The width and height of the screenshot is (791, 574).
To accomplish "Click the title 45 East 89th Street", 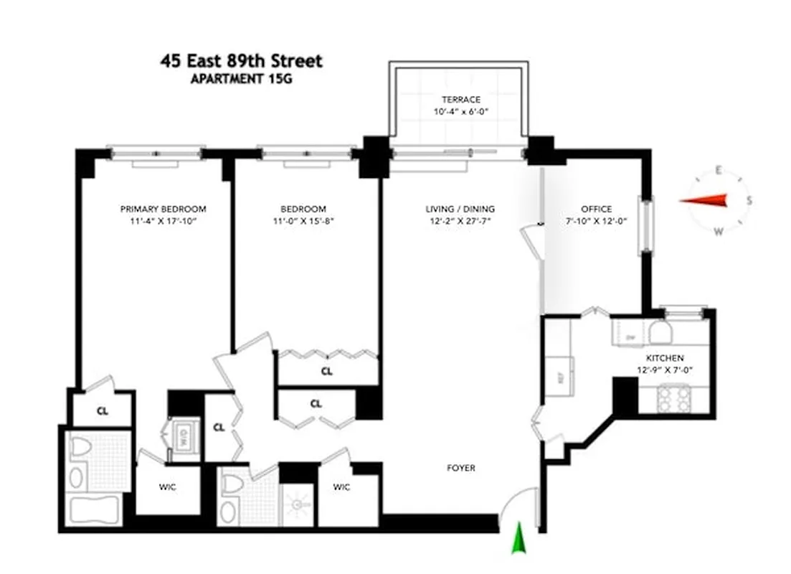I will (241, 61).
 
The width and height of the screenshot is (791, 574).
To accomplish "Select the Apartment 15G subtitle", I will (241, 79).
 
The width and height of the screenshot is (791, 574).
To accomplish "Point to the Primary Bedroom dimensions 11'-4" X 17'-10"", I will (163, 222).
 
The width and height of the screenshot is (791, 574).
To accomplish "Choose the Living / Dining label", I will (460, 210).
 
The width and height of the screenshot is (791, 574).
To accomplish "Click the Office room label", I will (597, 210).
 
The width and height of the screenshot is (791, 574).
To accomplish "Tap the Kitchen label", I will (665, 358).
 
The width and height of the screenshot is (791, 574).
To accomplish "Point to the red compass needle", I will (707, 202).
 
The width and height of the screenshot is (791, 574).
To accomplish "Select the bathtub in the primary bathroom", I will (96, 510).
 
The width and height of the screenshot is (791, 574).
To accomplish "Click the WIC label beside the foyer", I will (341, 487).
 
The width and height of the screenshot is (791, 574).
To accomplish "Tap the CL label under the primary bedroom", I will (102, 412).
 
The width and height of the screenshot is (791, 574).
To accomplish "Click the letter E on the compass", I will (717, 170).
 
